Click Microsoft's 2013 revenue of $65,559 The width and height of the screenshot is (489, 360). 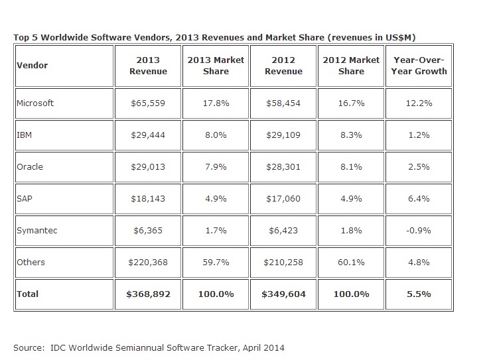pos(148,103)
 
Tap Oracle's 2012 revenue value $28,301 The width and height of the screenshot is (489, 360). pos(284,166)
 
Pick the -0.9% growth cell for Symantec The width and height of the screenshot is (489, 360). pos(420,230)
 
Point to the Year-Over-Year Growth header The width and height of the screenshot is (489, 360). pos(420,66)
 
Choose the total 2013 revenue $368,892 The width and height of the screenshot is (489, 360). pos(148,294)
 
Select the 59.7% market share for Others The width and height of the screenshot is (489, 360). pos(216,262)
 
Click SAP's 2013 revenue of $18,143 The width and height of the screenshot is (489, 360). pos(148,198)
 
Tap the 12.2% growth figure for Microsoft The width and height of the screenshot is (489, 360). pos(420,103)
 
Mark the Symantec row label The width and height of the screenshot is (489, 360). pos(36,230)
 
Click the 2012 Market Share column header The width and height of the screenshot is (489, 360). pos(352,66)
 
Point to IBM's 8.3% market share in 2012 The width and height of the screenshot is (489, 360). pos(352,135)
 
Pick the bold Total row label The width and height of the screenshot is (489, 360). pos(29,294)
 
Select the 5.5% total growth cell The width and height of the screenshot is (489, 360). pos(420,294)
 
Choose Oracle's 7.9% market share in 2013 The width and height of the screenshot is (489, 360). pos(216,166)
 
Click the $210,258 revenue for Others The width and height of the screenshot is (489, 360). pos(284,262)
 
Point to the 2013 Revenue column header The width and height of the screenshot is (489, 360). pos(148,66)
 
